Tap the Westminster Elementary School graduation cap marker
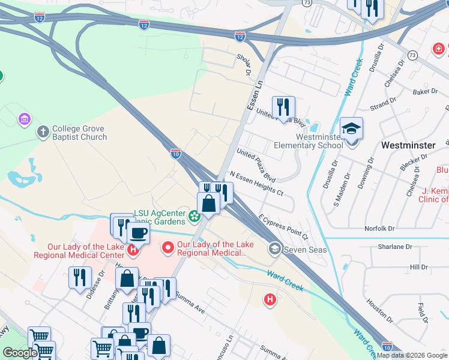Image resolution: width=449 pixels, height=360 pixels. [x=351, y=128]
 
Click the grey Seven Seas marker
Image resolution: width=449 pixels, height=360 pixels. [x=275, y=248]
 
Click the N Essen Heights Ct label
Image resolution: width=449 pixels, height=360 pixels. [x=257, y=184]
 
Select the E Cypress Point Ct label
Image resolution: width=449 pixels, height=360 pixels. [x=283, y=227]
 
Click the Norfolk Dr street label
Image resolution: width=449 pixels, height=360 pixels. [x=379, y=229]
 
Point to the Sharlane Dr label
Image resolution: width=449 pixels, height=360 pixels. [x=395, y=247]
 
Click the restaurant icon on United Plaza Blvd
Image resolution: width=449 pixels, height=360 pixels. [x=283, y=107]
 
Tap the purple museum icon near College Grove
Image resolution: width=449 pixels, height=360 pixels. [x=25, y=120]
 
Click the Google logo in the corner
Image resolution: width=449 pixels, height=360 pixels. [x=20, y=353]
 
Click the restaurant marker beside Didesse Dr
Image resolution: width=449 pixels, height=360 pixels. [x=80, y=278]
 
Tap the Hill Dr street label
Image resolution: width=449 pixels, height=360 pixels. [x=418, y=266]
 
